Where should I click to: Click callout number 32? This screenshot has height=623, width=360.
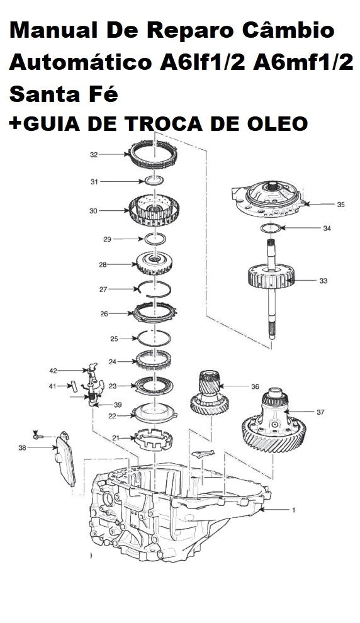pyautogui.click(x=94, y=154)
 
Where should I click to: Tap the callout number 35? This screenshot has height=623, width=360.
pyautogui.click(x=340, y=205)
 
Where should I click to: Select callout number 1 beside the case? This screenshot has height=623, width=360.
pyautogui.click(x=293, y=510)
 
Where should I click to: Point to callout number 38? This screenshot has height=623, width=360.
pyautogui.click(x=22, y=449)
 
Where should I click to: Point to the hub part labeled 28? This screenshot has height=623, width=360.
pyautogui.click(x=154, y=264)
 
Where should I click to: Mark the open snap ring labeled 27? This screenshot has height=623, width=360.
pyautogui.click(x=154, y=289)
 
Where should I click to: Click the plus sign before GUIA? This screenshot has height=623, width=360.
pyautogui.click(x=14, y=124)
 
